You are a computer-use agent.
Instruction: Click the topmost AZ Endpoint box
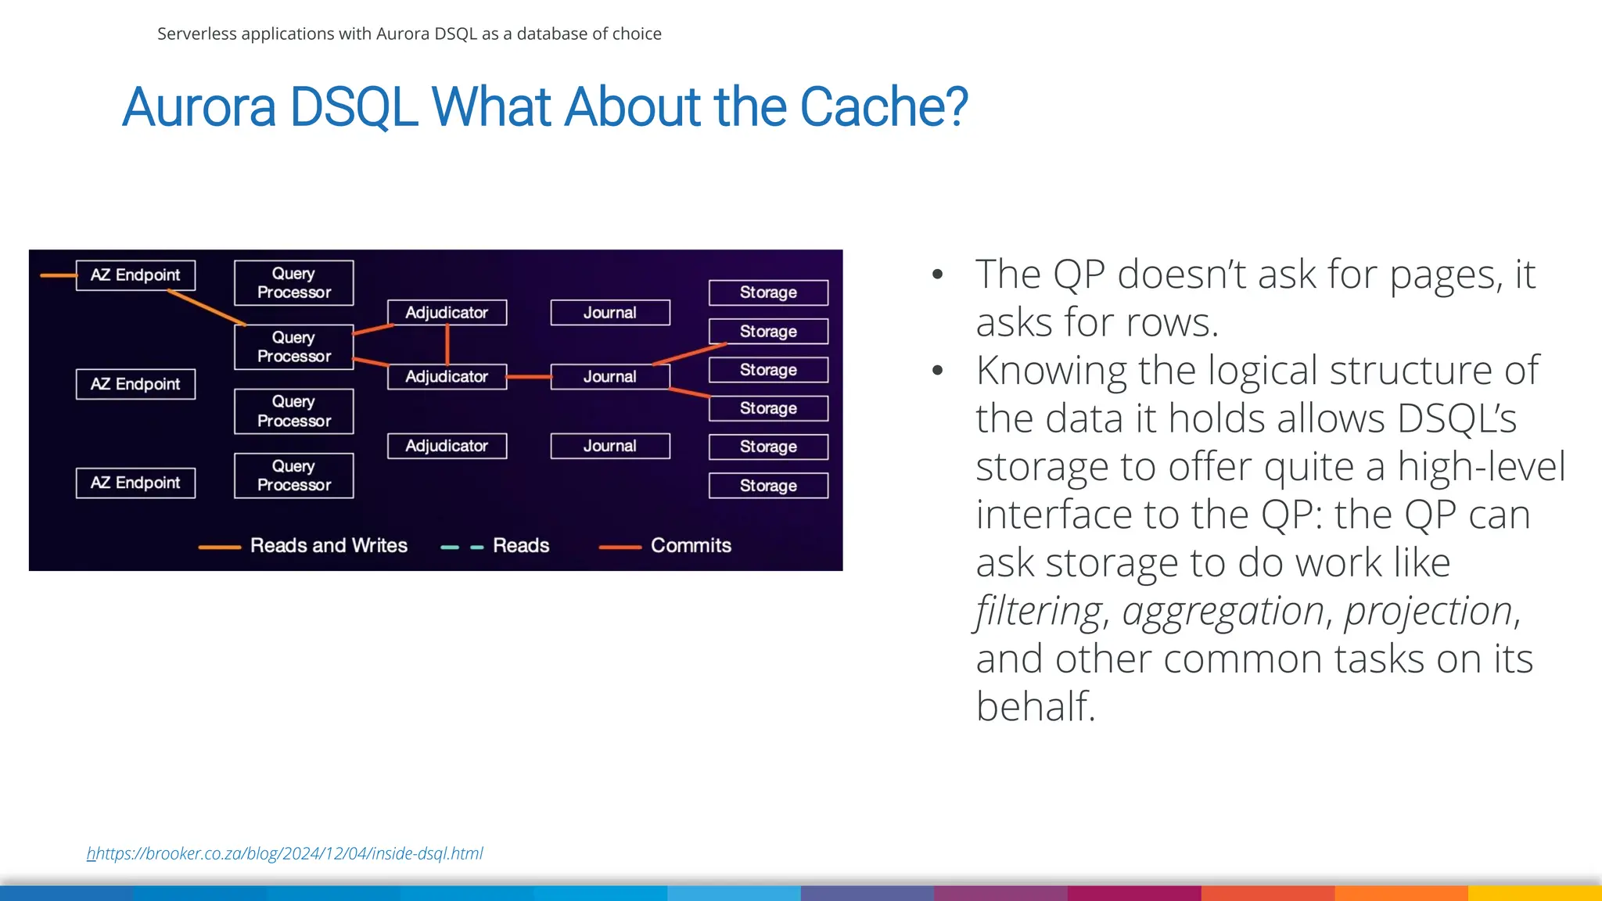pos(135,275)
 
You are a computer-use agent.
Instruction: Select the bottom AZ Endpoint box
pos(135,483)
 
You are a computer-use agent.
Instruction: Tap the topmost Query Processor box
pos(293,283)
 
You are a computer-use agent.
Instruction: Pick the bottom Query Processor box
pos(293,476)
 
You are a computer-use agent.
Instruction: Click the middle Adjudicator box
pos(447,377)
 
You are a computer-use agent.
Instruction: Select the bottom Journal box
pos(610,446)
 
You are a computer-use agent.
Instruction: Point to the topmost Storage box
pos(768,293)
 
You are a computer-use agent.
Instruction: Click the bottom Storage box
pos(768,486)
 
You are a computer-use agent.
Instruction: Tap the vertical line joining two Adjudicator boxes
pos(447,344)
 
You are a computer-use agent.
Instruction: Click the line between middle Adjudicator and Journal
pos(529,377)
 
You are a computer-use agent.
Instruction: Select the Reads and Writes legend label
pos(329,545)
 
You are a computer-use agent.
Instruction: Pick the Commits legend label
pos(691,545)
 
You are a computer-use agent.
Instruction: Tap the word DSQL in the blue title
pos(353,107)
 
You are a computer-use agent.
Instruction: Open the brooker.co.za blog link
pos(285,853)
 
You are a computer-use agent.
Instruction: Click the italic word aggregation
pos(1223,611)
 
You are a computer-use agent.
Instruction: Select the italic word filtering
pos(1039,611)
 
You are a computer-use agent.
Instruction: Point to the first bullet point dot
pos(937,275)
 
